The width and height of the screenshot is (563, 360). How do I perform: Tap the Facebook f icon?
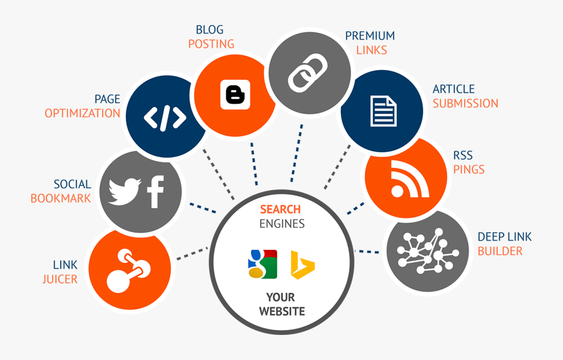[x=155, y=192]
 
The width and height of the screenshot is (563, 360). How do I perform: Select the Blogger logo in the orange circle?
[x=235, y=95]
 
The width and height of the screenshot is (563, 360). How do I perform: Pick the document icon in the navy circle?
[x=383, y=111]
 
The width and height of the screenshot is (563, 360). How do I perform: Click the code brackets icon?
[x=165, y=117]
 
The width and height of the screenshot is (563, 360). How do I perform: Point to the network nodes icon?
[x=425, y=251]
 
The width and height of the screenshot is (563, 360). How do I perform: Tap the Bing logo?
[x=302, y=264]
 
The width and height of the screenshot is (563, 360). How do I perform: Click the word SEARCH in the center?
[x=280, y=209]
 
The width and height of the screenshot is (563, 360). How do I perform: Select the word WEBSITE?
[x=281, y=311]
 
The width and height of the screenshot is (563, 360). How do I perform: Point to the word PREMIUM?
[x=370, y=36]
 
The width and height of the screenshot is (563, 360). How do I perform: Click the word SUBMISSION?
[x=465, y=103]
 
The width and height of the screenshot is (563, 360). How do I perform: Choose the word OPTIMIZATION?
[x=82, y=113]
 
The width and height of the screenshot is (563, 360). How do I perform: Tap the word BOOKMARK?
[x=61, y=198]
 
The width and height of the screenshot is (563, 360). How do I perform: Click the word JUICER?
[x=60, y=279]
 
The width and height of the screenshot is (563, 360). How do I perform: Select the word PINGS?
[x=469, y=169]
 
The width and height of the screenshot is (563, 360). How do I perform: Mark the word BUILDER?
[x=500, y=251]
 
